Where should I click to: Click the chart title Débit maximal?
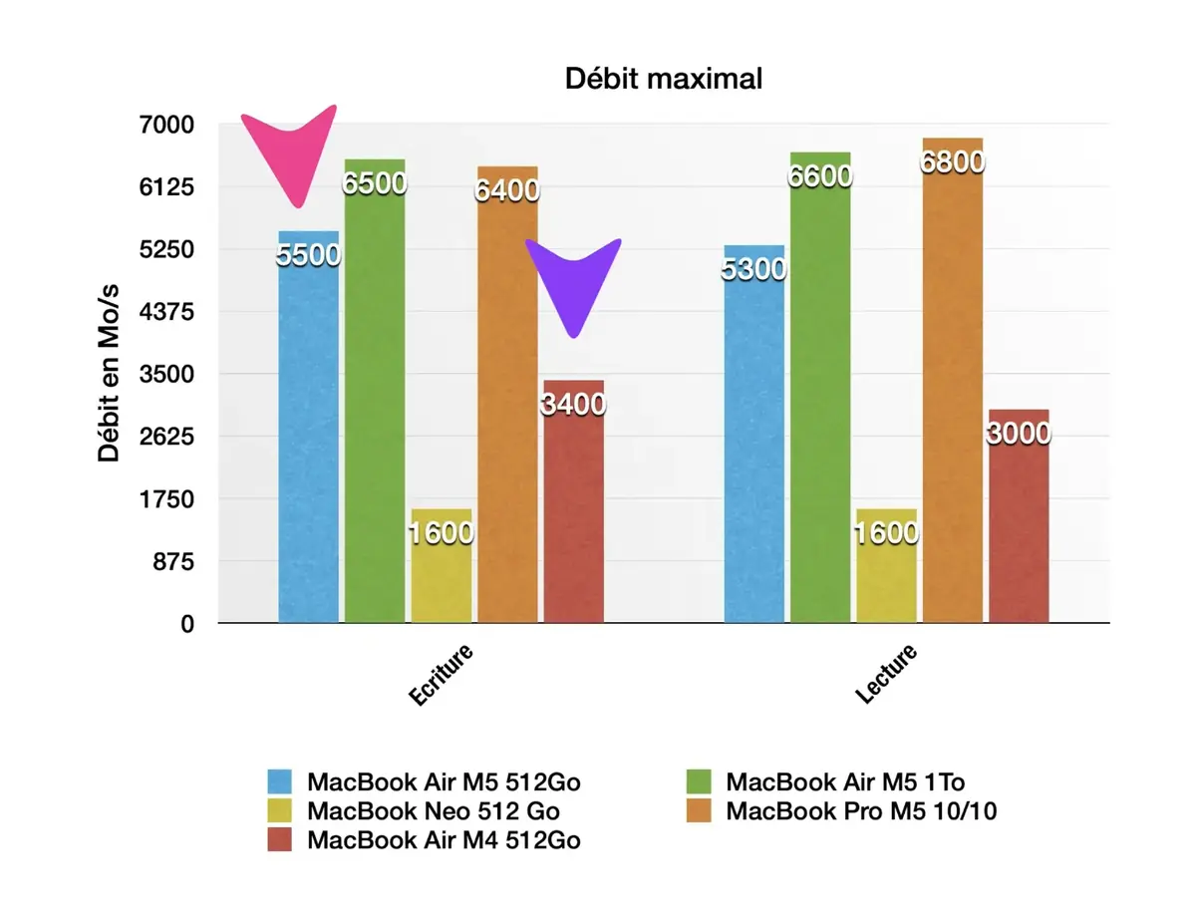[x=663, y=79]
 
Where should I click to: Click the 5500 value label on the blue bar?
[x=308, y=255]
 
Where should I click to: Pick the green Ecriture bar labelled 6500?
[x=375, y=399]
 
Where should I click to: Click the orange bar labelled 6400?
[x=507, y=399]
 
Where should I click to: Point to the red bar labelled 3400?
[x=573, y=508]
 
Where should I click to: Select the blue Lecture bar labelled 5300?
[x=754, y=449]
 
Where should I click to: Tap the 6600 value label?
[x=820, y=176]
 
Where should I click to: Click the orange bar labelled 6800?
[x=952, y=399]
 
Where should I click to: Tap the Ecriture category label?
[x=442, y=676]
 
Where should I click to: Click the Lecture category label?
[x=886, y=674]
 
